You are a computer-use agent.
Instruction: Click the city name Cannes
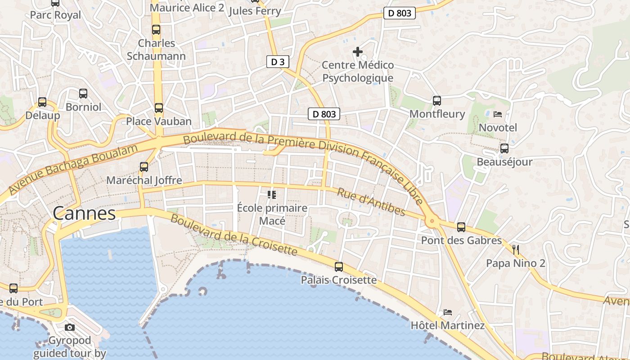click(84, 213)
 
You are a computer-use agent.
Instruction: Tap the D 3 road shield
click(278, 62)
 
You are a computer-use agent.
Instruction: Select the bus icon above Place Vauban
click(158, 108)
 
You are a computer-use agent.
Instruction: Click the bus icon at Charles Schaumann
click(156, 30)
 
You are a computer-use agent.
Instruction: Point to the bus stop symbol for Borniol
click(83, 94)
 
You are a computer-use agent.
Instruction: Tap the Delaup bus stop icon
click(42, 102)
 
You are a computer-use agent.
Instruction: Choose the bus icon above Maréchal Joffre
click(144, 167)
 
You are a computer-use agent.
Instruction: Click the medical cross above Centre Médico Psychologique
click(358, 52)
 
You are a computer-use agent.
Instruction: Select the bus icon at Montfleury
click(437, 101)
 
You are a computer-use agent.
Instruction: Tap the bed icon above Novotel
click(498, 114)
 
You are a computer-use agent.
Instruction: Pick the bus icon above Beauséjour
click(504, 148)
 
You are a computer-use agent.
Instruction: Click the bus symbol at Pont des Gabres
click(461, 227)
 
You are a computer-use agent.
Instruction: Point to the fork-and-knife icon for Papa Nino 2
click(516, 250)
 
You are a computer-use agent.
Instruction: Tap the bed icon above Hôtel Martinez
click(447, 312)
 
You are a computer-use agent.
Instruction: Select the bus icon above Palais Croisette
click(339, 267)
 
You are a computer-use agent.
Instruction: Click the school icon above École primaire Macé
click(272, 195)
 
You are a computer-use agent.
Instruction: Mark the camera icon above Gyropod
click(70, 327)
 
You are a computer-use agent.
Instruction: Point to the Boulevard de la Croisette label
click(234, 235)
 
